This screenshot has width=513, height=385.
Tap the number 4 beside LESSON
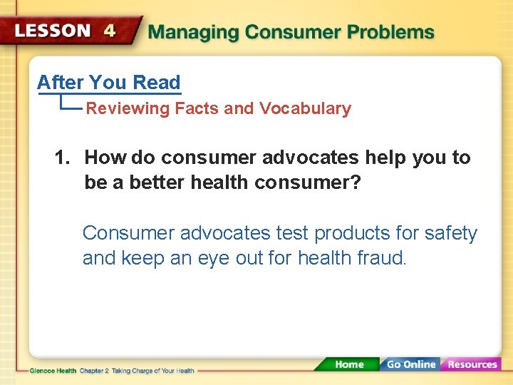click(110, 31)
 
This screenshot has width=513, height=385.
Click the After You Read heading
click(109, 83)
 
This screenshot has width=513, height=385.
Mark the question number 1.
click(61, 158)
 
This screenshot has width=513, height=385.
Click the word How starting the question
click(105, 158)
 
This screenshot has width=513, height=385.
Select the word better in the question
click(152, 183)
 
